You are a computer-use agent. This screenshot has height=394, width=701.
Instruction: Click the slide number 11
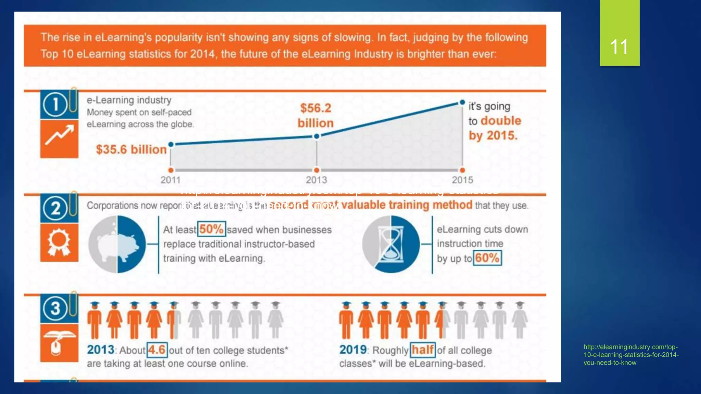coord(619,47)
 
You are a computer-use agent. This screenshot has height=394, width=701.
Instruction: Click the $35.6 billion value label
coord(131,149)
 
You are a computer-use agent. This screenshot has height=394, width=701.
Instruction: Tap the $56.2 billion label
coord(315,116)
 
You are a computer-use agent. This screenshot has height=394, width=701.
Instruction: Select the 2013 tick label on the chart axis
coord(316,180)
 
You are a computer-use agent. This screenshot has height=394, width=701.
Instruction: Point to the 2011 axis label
coord(170,180)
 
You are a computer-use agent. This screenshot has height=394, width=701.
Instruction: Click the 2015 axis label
coord(462,180)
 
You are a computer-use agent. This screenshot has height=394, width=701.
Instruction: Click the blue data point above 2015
coord(462,102)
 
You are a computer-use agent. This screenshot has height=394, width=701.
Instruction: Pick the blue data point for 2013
coord(317,136)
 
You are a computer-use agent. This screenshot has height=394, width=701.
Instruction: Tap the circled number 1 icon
coord(55,104)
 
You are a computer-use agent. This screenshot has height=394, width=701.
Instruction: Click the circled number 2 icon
coord(55,208)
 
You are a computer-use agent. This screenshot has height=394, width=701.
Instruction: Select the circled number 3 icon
coord(55,308)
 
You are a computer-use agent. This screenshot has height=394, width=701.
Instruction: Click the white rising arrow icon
coord(59,135)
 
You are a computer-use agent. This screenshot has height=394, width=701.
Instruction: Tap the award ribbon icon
coord(59,242)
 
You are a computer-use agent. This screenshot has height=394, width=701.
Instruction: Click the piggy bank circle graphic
coord(117,244)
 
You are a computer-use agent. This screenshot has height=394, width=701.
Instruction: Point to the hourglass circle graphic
coord(391,244)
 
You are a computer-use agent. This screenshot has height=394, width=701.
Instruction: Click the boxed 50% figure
coord(211,229)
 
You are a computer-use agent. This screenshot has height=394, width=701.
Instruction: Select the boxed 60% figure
coord(487,258)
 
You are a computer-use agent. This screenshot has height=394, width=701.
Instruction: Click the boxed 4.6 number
coord(157,350)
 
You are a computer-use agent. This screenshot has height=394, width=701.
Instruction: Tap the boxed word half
coord(422,350)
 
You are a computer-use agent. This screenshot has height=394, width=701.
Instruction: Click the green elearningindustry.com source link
coord(630,355)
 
